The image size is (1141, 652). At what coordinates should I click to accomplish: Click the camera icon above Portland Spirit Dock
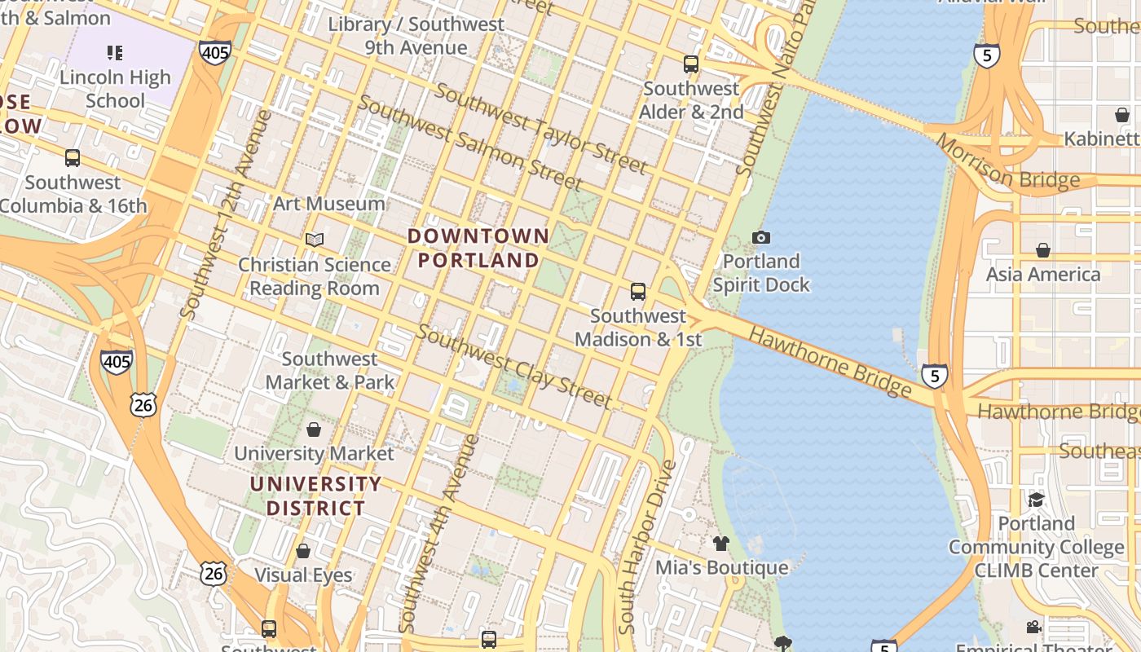(761, 237)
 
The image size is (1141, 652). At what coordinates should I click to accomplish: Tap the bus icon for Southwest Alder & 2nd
(691, 64)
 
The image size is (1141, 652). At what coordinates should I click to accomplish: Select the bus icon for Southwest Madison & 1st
(638, 291)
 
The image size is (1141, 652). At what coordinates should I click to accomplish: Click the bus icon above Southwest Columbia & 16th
(73, 158)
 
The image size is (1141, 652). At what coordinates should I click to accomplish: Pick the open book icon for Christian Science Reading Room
(315, 240)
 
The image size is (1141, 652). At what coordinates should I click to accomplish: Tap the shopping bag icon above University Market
(314, 429)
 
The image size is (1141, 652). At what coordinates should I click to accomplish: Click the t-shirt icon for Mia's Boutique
(720, 543)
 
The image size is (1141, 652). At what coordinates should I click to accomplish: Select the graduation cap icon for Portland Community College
(1036, 499)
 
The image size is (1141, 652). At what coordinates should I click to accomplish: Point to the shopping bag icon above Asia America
(1043, 249)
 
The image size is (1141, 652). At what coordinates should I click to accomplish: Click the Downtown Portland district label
(478, 249)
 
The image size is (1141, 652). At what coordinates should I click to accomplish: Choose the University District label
(315, 496)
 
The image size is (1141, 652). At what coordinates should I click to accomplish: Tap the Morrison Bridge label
(1007, 162)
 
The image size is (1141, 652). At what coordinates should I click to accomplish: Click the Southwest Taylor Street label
(541, 129)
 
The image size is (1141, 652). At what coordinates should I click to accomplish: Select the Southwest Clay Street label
(513, 366)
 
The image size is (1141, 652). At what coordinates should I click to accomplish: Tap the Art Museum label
(329, 203)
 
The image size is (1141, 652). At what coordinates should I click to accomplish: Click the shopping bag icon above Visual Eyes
(303, 551)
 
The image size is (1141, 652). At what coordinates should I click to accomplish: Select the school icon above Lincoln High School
(115, 54)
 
